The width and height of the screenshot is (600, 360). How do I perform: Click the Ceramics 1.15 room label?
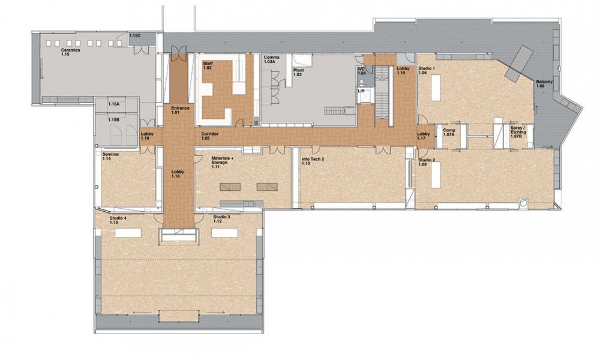tap(70, 52)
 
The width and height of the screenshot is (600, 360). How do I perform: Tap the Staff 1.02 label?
tap(208, 65)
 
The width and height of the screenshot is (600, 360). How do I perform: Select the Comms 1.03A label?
tap(271, 59)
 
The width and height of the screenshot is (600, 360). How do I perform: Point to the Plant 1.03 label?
tap(298, 73)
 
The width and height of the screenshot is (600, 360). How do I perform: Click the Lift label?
tap(361, 91)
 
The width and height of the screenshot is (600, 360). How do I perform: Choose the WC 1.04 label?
tap(362, 71)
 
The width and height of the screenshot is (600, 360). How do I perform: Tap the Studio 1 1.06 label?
tap(427, 70)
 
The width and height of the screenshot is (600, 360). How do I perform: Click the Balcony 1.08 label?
tap(544, 84)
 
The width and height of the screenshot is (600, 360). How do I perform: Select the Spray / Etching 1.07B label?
tap(518, 131)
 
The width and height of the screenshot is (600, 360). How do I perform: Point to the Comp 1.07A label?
tap(449, 133)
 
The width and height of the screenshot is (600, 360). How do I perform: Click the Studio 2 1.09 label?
tap(427, 162)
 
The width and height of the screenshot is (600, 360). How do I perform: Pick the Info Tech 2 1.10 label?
tap(313, 161)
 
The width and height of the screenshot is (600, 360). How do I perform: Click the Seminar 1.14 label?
tap(110, 156)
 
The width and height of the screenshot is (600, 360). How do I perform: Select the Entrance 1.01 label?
tap(180, 110)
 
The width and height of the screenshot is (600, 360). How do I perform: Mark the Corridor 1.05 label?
tap(209, 136)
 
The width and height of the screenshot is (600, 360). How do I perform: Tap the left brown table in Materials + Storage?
tap(230, 187)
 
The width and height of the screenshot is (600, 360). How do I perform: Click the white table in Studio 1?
tap(436, 87)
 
